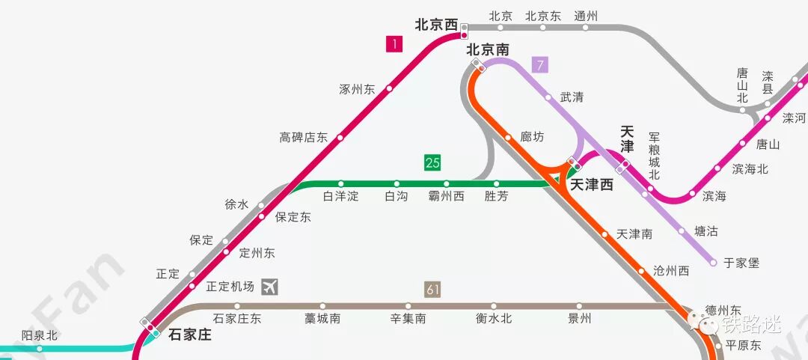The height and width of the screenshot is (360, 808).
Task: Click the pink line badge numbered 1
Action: coord(394,45)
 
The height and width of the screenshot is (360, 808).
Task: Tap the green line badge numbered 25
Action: coord(432,162)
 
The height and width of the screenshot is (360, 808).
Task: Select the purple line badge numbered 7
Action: coord(540,65)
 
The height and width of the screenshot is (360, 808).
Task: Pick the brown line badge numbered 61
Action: coord(432,289)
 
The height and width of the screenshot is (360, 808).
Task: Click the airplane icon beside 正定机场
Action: coord(270,286)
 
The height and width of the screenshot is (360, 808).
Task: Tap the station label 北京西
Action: coord(436,25)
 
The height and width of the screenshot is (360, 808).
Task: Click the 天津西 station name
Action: coord(592,184)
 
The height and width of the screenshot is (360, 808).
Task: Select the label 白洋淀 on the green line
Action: coord(340,196)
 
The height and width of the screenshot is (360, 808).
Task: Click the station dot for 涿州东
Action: coord(389,89)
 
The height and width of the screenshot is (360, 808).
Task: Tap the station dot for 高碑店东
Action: coord(340,138)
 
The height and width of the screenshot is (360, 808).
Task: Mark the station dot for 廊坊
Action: coord(508,137)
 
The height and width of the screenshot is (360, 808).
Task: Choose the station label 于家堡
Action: coord(741,263)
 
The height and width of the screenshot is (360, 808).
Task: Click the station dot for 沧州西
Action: coord(641,271)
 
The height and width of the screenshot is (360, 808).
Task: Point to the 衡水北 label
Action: coord(494,318)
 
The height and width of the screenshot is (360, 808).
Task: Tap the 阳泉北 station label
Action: coord(40,335)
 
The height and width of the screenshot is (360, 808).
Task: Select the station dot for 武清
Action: coord(548,97)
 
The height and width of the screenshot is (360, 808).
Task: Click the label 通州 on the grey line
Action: coord(586,16)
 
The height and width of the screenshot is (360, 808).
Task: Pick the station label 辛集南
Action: coord(408,318)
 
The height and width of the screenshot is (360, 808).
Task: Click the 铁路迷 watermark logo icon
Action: coord(706,325)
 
